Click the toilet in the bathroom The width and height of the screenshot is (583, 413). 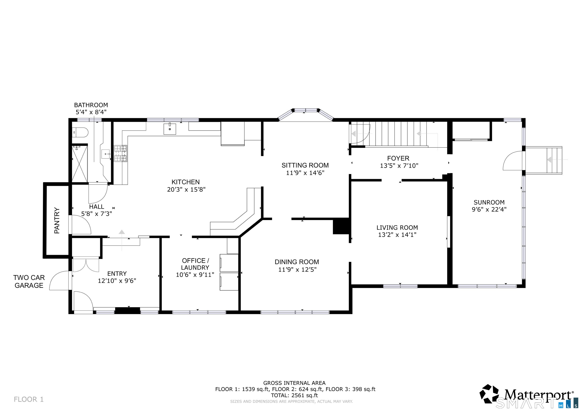tap(81, 132)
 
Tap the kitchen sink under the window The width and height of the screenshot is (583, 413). tap(170, 129)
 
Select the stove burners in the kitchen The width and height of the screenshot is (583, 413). tap(120, 153)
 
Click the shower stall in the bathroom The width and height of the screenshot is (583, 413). tap(80, 164)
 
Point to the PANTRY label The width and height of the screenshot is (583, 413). tap(57, 220)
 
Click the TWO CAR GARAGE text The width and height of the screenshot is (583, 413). tap(29, 281)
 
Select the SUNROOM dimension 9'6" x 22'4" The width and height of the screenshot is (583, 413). tap(489, 209)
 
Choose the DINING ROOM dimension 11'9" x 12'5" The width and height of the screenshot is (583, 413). tap(297, 270)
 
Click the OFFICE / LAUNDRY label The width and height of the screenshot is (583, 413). tap(195, 264)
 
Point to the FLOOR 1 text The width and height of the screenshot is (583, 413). tap(29, 399)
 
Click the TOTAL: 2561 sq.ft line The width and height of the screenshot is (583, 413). tap(294, 395)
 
